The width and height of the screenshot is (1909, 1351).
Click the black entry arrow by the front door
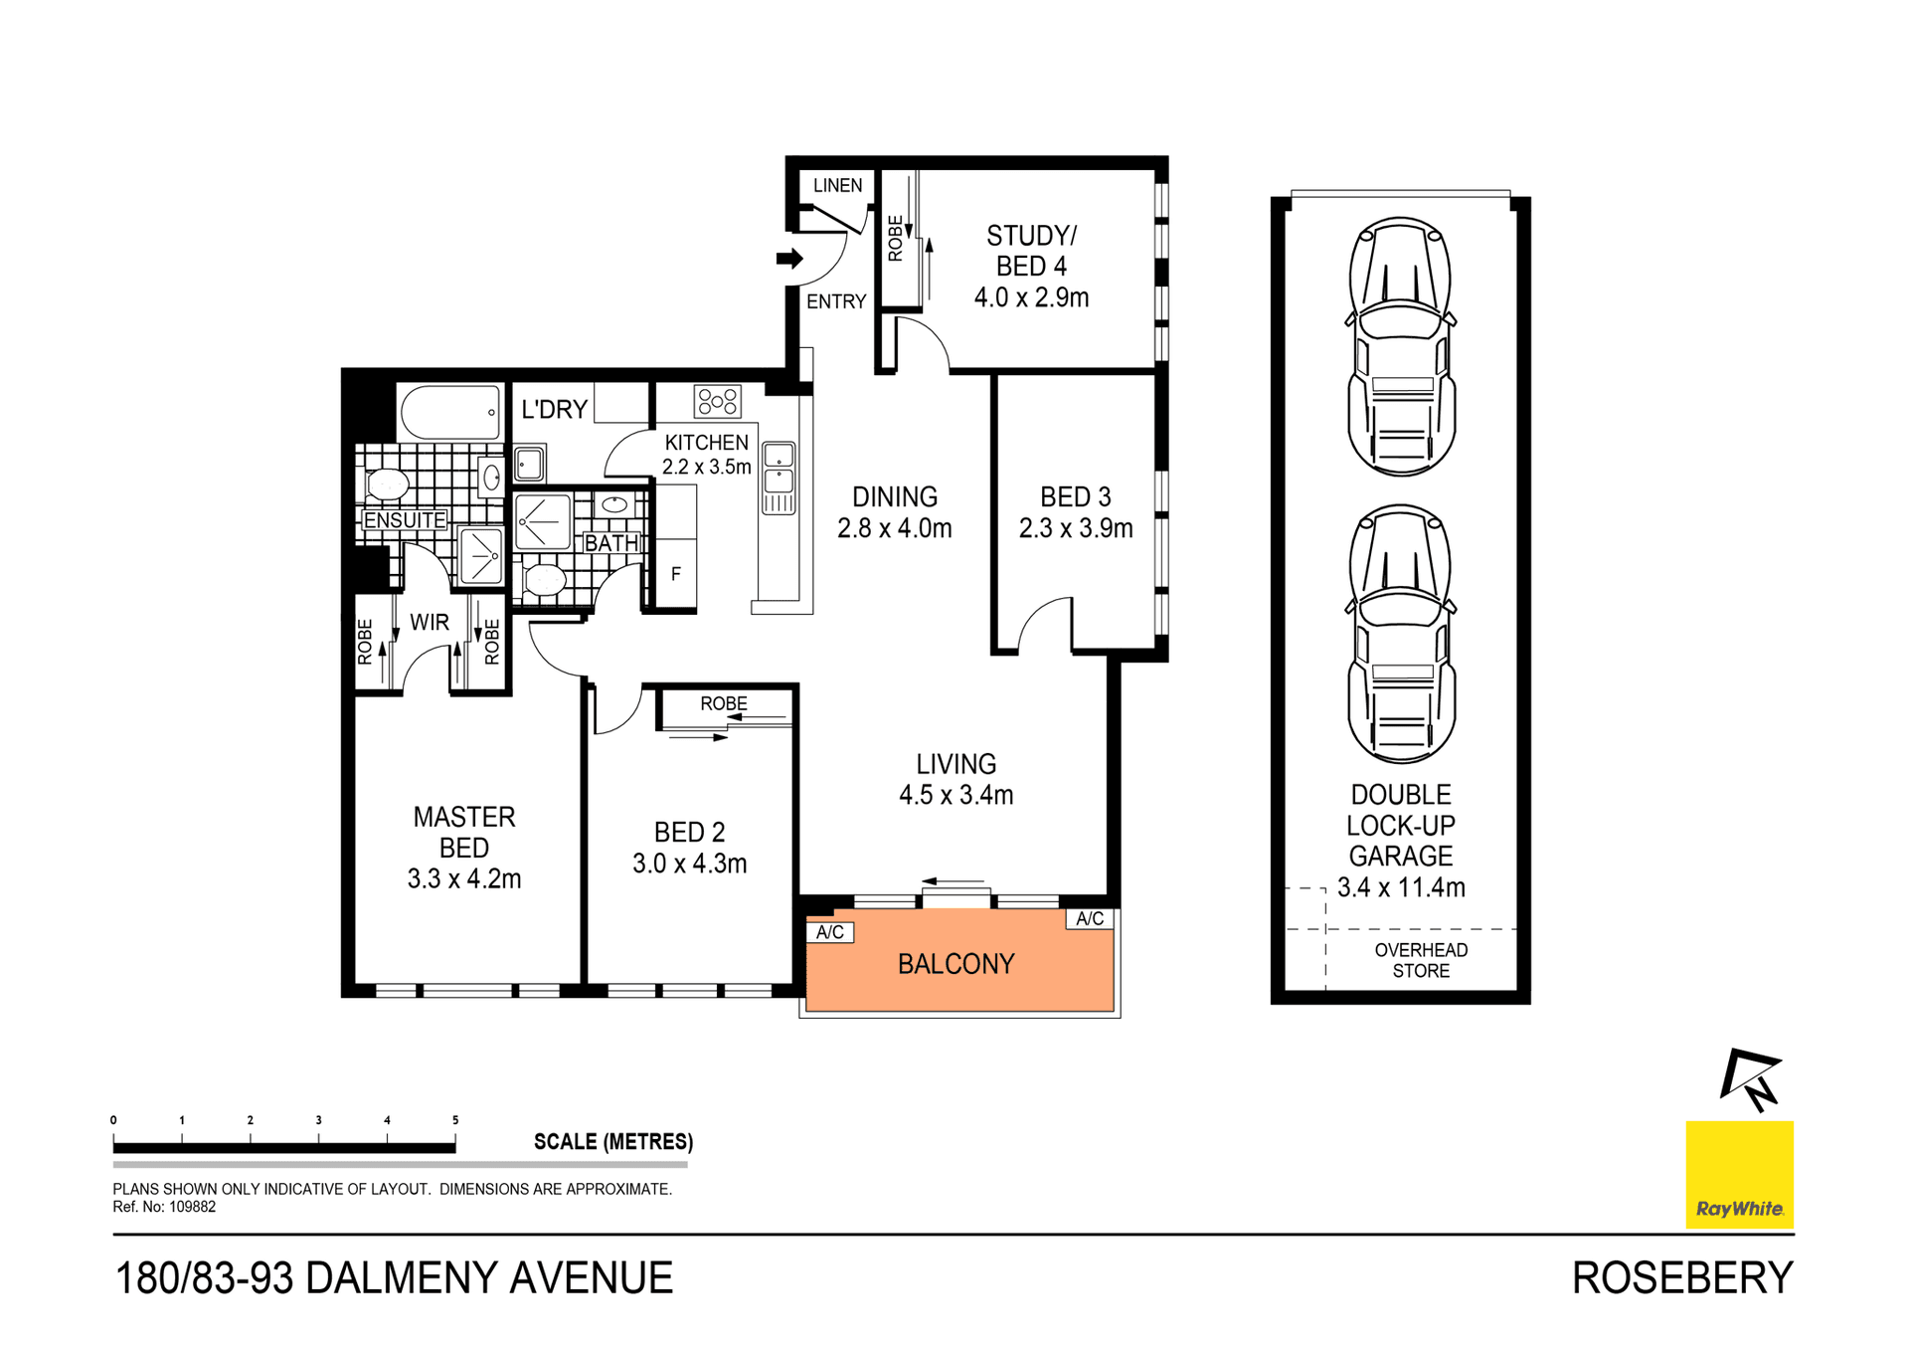pos(789,259)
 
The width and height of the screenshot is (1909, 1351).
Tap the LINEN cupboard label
pos(837,186)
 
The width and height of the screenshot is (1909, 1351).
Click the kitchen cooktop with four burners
pos(718,402)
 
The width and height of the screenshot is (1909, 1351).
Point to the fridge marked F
pos(676,574)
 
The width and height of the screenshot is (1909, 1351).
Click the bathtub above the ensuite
pos(450,412)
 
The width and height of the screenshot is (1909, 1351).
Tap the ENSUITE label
pos(404,520)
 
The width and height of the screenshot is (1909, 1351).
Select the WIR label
pos(430,622)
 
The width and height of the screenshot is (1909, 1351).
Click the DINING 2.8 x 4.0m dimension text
pos(894,528)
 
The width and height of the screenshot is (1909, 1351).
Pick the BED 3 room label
pos(1075,496)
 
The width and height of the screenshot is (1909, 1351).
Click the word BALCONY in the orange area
pos(955,963)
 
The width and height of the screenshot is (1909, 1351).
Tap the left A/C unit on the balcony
pos(829,932)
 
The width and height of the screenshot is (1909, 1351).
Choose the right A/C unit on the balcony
pos(1090,918)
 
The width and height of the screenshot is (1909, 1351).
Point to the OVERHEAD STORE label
pos(1421,960)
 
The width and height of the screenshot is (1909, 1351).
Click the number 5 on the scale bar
pos(455,1120)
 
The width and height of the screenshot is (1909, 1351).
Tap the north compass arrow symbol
pos(1751,1078)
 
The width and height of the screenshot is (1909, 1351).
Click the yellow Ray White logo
pos(1739,1175)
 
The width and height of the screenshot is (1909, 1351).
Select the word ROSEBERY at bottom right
pos(1682,1277)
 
